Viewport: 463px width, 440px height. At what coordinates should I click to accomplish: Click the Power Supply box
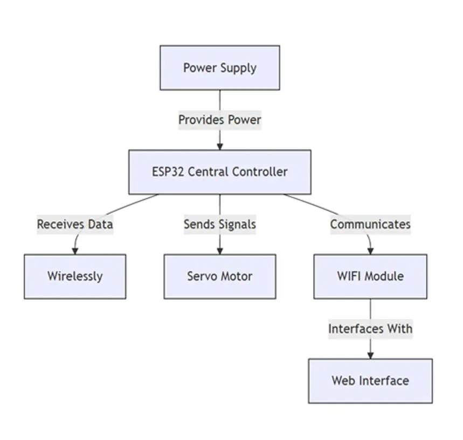(x=219, y=67)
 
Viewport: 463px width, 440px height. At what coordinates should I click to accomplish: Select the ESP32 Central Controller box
(x=219, y=172)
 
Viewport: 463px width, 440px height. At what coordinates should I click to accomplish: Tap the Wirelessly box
(x=75, y=276)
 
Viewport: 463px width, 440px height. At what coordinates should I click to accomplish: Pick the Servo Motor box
(x=219, y=276)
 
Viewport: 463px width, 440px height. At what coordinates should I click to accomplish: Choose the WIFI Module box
(x=370, y=276)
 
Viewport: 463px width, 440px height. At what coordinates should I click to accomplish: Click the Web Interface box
(x=370, y=381)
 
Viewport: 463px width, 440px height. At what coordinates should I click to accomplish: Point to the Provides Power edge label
(x=219, y=120)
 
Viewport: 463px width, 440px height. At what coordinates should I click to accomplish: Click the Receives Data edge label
(x=75, y=224)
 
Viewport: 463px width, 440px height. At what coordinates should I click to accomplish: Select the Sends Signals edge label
(x=219, y=224)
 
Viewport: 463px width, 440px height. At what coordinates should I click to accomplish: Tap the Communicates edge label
(x=370, y=224)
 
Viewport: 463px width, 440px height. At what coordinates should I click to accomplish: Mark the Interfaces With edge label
(x=370, y=329)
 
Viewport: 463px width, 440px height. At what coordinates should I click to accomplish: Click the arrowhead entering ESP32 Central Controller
(x=219, y=146)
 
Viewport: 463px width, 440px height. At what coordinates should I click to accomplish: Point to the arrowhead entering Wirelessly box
(x=75, y=251)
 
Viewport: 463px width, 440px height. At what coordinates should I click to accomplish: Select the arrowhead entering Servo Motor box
(x=219, y=251)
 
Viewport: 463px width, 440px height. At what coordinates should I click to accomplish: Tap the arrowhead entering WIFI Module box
(x=370, y=251)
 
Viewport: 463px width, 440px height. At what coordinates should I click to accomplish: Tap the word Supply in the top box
(x=238, y=68)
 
